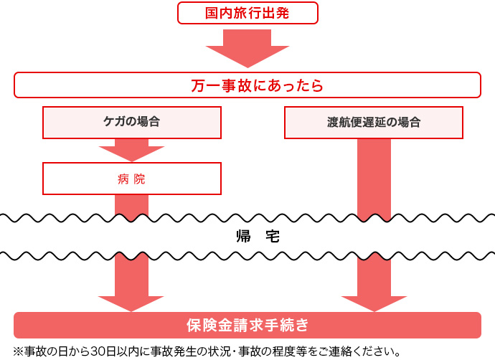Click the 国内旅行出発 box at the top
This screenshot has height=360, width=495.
point(247,14)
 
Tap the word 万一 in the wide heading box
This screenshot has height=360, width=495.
point(203,86)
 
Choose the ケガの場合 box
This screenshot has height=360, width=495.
point(132,122)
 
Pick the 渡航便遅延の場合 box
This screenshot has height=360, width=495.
point(374,122)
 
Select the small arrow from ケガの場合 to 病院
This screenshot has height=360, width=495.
point(132,150)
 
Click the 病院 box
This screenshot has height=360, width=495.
point(132,179)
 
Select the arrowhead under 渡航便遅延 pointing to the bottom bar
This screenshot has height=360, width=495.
point(374,301)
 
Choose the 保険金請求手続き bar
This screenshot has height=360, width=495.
point(247,325)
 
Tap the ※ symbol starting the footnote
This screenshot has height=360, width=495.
point(18,352)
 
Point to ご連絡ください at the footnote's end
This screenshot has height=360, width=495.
point(362,352)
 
